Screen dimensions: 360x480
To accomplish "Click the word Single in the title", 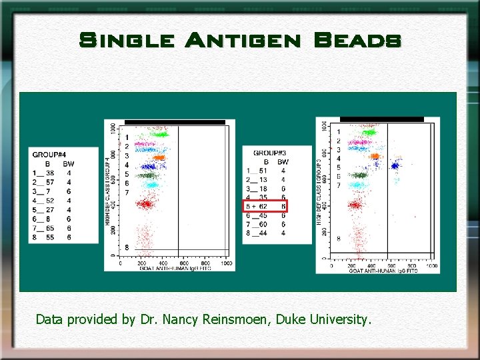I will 127,41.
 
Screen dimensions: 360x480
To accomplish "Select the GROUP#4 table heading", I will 49,155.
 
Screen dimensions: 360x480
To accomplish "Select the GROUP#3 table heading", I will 271,153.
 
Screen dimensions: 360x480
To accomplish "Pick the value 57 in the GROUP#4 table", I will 50,182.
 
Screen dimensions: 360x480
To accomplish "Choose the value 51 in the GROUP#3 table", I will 263,171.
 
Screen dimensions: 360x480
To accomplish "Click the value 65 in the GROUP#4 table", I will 50,228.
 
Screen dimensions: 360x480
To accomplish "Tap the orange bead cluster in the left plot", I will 159,158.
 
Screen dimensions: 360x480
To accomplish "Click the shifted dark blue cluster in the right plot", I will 395,165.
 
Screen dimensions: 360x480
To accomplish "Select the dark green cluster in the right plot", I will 361,175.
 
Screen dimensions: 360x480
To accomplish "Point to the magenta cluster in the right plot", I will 359,142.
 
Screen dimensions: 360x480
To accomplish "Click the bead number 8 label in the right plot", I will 338,238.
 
